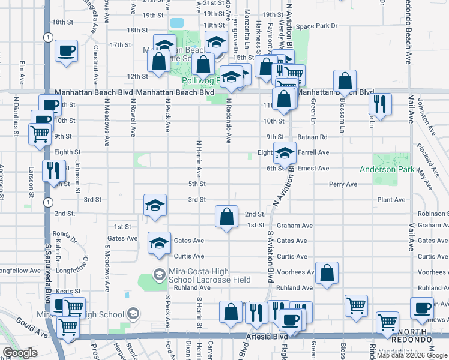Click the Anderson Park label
(x=386, y=170)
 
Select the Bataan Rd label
(x=312, y=137)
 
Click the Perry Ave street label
(x=343, y=184)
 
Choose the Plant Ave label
(x=391, y=200)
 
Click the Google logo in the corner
(x=20, y=353)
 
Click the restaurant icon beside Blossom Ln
(x=380, y=104)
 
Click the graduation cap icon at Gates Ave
(x=159, y=243)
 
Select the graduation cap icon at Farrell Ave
(x=285, y=154)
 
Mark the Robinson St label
(x=433, y=214)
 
